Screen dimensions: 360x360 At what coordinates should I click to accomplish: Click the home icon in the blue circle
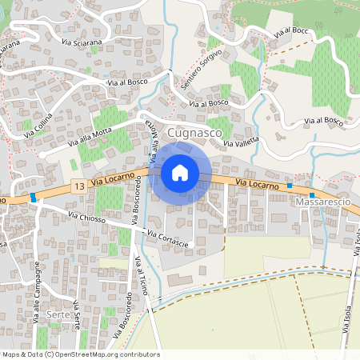point(180,172)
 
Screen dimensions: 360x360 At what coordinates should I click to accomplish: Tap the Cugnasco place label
point(190,130)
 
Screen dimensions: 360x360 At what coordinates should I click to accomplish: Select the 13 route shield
point(78,186)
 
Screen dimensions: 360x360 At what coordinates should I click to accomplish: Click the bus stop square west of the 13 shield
point(33,197)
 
